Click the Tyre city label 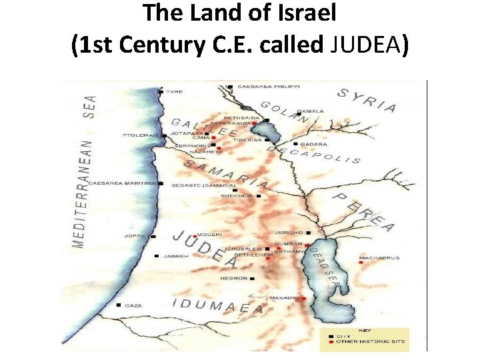pyautogui.click(x=175, y=92)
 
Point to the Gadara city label pyautogui.click(x=313, y=144)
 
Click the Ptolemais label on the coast pyautogui.click(x=140, y=135)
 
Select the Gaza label pyautogui.click(x=133, y=305)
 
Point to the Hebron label pyautogui.click(x=234, y=278)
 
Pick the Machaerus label pyautogui.click(x=379, y=257)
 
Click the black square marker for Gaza pyautogui.click(x=119, y=305)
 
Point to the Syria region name pyautogui.click(x=367, y=100)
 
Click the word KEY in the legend pyautogui.click(x=365, y=331)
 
